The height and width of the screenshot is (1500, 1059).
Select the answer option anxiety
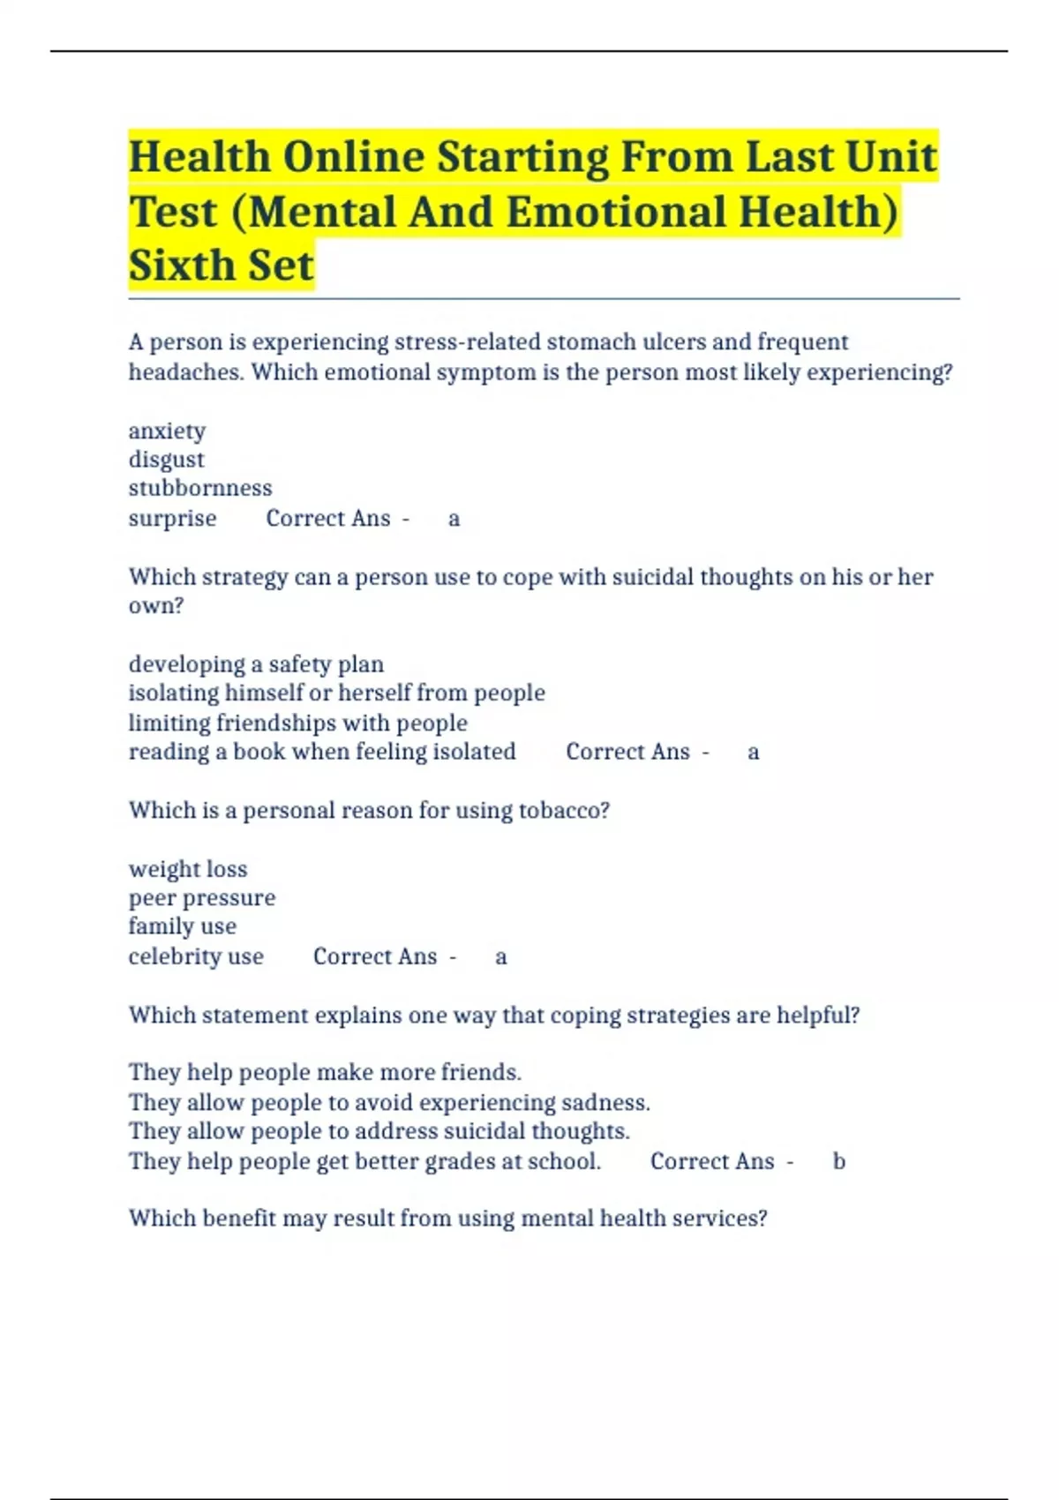pos(167,431)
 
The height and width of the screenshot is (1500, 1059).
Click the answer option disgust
pos(166,460)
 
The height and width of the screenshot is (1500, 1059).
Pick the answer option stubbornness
pos(200,488)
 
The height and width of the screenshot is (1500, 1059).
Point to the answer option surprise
pos(172,518)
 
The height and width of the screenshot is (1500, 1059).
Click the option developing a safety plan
pos(256,664)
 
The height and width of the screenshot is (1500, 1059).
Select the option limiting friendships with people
pos(297,723)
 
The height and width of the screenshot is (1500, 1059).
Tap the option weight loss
pos(188,869)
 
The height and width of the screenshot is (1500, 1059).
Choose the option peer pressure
pos(202,897)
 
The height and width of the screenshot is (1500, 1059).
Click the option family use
pos(183,926)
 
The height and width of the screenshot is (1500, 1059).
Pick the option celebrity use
pos(196,956)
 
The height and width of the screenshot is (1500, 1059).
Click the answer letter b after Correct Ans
pos(839,1161)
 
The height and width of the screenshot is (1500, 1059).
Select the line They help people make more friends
pos(325,1072)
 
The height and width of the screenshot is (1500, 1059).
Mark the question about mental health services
pos(447,1219)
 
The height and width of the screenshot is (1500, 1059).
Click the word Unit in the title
pos(890,157)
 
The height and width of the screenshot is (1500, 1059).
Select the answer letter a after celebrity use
pos(500,956)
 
